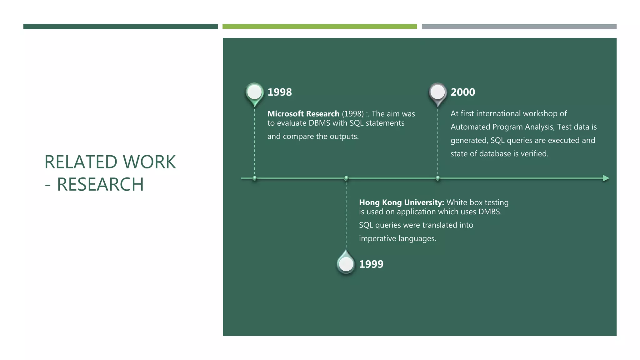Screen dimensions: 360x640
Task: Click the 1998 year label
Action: (x=279, y=92)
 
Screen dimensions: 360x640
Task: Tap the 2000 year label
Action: (x=462, y=92)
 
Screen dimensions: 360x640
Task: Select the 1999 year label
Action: (x=371, y=264)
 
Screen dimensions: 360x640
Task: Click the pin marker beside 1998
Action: (x=254, y=93)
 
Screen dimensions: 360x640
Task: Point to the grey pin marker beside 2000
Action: (x=437, y=93)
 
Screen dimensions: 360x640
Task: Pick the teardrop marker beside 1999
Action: (x=346, y=263)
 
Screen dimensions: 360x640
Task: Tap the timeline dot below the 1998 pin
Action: (x=254, y=178)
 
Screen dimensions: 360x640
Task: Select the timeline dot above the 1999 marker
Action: (x=346, y=178)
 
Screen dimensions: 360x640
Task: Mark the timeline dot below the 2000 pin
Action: (x=437, y=178)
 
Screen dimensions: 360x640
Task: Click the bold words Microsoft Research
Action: (x=303, y=114)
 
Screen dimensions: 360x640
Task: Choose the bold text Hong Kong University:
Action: (x=401, y=202)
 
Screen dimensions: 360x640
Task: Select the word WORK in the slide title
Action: (x=149, y=162)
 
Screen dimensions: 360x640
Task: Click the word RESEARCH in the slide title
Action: (x=100, y=184)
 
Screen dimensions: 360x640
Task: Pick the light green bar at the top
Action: (x=319, y=27)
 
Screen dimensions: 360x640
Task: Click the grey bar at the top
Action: (x=519, y=27)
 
